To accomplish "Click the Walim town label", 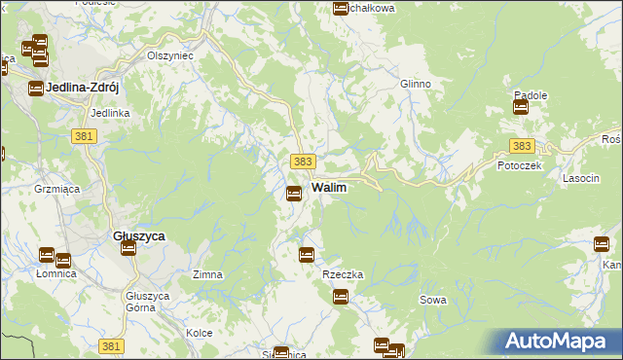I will [x=330, y=186].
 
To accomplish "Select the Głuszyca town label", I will [x=138, y=236].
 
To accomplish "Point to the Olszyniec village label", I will [x=170, y=55].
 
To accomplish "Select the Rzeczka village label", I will [x=343, y=274].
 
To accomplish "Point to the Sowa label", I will [x=433, y=300].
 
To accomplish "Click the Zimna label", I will [x=208, y=274].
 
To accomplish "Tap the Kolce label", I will [x=200, y=333].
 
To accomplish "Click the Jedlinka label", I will [x=110, y=113].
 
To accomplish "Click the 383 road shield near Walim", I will [x=303, y=160].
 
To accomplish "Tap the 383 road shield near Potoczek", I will [x=522, y=146].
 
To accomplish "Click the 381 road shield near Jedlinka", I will [x=84, y=137].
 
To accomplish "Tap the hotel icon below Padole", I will [x=521, y=108].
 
